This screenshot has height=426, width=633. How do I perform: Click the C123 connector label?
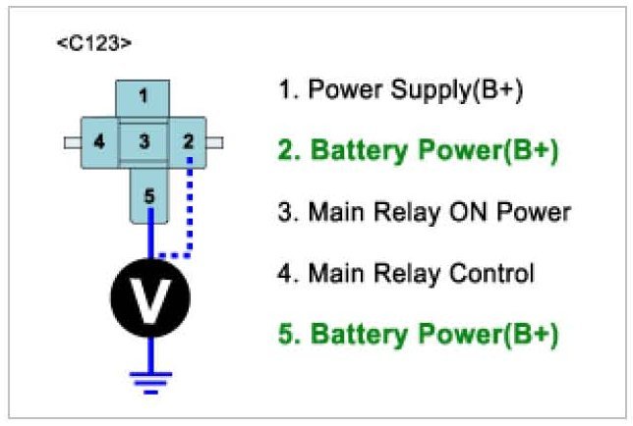click(94, 43)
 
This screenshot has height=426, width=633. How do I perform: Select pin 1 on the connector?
click(143, 97)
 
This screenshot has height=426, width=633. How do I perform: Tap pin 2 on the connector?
click(188, 142)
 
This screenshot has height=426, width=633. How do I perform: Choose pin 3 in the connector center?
click(144, 142)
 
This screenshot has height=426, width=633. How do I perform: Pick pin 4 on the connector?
click(99, 142)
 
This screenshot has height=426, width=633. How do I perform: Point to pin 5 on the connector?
click(149, 196)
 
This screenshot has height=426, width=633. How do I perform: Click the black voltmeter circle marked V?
click(150, 297)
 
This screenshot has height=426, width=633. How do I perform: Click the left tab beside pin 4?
click(73, 142)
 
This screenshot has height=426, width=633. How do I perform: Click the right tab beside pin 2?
click(214, 142)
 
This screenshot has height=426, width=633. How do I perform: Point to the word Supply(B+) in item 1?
click(457, 90)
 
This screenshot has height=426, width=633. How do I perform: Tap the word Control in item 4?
click(491, 274)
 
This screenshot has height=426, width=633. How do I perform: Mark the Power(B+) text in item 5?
click(489, 334)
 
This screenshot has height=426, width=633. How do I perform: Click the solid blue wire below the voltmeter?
click(150, 354)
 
